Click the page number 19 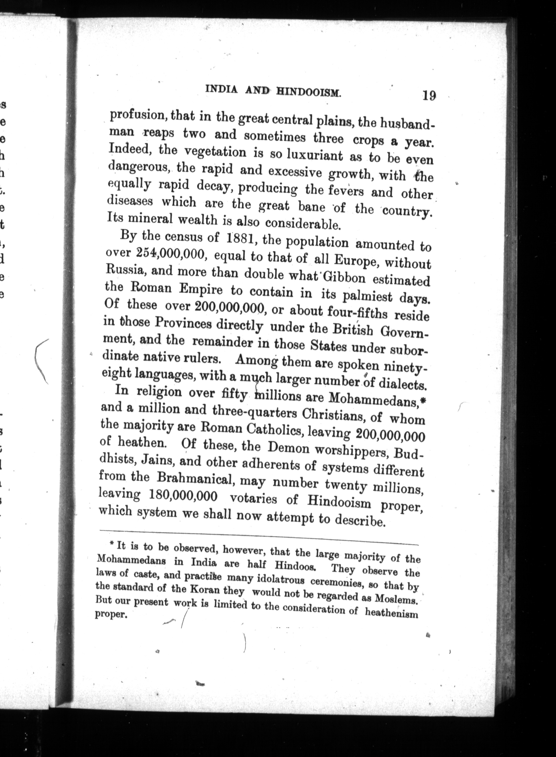429,96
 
